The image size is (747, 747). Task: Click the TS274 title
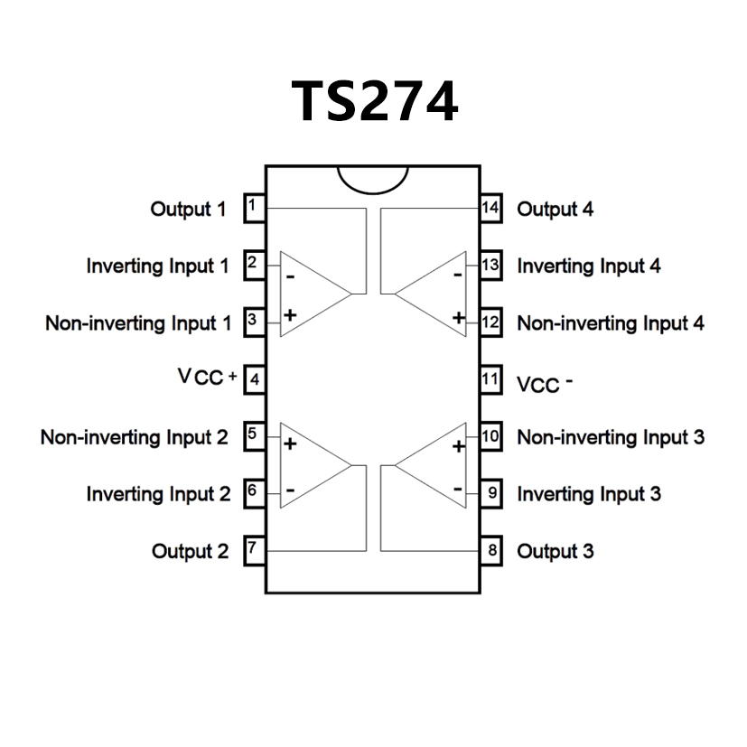point(374,100)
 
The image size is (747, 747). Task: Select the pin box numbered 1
point(254,209)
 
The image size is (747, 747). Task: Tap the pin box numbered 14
point(490,209)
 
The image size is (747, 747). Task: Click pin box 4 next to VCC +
point(255,379)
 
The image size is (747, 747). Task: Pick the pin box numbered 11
point(490,379)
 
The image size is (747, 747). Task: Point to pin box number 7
point(254,550)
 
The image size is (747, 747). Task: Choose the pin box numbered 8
point(490,550)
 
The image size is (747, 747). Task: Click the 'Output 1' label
point(188,210)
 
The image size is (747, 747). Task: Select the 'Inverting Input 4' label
point(588,266)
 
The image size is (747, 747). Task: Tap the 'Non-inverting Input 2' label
point(135,437)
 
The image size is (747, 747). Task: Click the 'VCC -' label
point(544,384)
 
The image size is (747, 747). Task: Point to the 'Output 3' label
point(555,551)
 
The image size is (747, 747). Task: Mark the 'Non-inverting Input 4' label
point(610,322)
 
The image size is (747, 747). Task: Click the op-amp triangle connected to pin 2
point(312,294)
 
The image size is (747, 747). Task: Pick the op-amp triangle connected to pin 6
point(312,465)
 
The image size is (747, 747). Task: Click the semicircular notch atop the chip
point(371,177)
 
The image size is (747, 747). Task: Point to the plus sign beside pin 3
point(290,315)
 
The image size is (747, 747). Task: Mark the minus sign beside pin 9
point(458,490)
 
